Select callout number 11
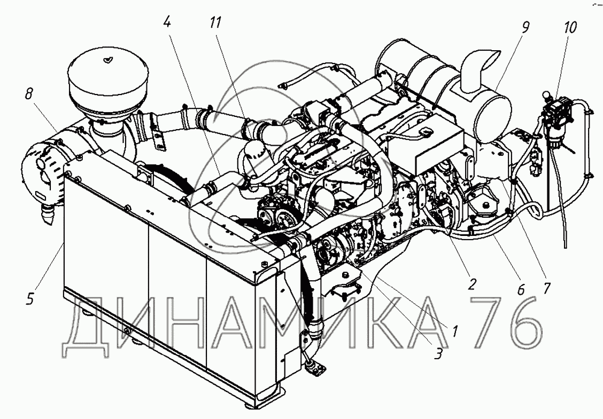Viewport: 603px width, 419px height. click(x=216, y=22)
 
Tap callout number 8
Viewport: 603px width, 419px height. click(x=29, y=94)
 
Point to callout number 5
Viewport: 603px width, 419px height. click(x=30, y=299)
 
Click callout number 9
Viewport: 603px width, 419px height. click(x=525, y=28)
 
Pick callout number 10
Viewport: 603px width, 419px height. click(x=571, y=27)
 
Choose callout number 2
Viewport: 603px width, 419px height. click(x=472, y=284)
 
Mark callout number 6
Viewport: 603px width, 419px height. click(x=521, y=289)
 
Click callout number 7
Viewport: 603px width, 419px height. click(x=546, y=288)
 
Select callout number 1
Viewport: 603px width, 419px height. click(x=455, y=330)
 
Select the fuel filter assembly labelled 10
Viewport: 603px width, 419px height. click(x=554, y=115)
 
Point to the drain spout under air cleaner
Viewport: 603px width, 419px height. click(x=47, y=213)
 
